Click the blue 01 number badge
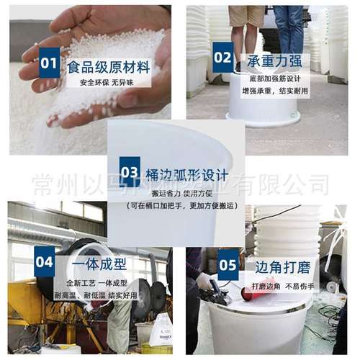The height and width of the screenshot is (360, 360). pos(49,63)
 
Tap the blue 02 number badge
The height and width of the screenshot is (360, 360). pos(223,57)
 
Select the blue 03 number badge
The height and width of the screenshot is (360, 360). pos(130,172)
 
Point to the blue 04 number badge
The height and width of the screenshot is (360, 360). pos(45,262)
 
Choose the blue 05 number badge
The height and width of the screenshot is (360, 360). pos(228,264)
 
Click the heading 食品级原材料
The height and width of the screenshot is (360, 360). pos(108,67)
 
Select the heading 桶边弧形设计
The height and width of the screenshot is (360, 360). pos(186,174)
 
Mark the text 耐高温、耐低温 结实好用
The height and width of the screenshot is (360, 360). pos(101,294)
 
